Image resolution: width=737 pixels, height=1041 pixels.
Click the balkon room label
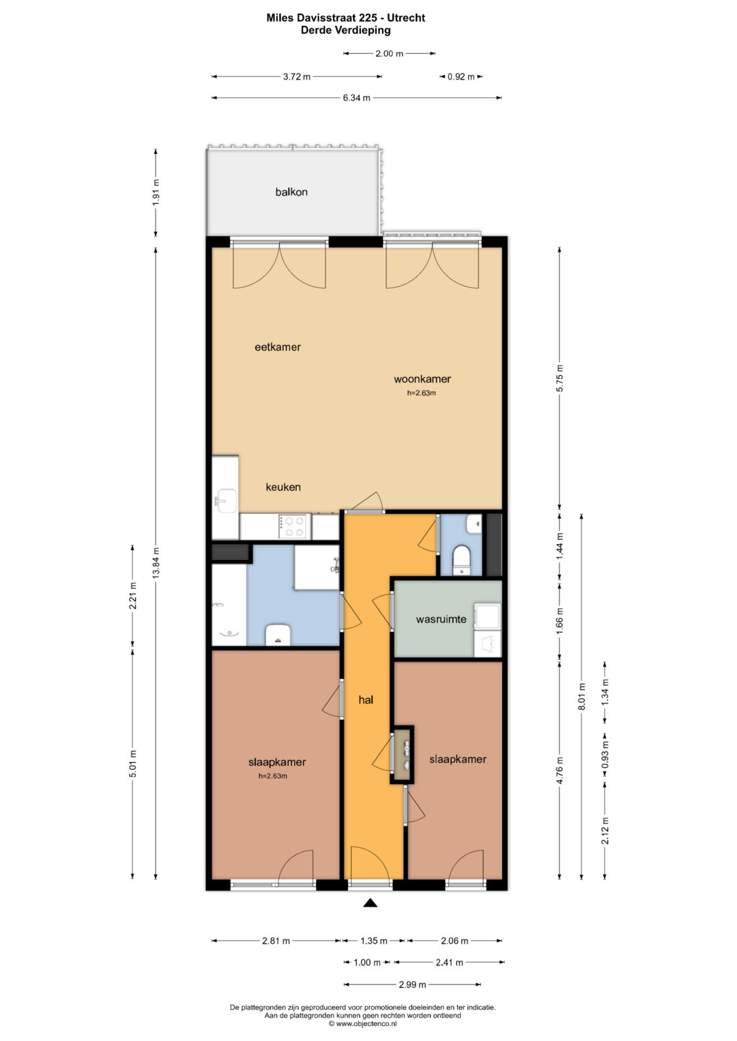pos(291,192)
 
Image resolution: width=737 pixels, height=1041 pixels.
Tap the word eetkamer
pos(277,347)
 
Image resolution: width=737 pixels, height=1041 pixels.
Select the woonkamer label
pos(422,379)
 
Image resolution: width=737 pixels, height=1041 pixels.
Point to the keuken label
pos(283,487)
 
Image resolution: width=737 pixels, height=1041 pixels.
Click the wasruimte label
pos(441,619)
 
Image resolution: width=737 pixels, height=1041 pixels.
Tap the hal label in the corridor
pos(366,699)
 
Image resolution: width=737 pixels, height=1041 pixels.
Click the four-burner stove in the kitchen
pos(292,526)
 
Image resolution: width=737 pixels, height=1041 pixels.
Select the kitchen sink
pos(227,500)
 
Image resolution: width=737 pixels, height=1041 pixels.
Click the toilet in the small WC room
pos(462,559)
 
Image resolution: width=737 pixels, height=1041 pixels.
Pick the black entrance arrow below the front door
pos(370,903)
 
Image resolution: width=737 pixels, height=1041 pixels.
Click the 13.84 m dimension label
pos(156,562)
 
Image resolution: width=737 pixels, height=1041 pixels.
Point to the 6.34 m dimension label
pos(356,98)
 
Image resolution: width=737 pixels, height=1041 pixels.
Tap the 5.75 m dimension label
pos(560,378)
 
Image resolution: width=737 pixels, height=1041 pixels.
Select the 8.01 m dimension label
pos(581,697)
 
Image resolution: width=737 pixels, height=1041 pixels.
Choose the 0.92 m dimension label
pos(461,77)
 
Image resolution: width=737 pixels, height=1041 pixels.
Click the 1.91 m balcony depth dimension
pos(156,192)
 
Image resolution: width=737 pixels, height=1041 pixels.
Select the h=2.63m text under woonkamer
pos(422,393)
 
